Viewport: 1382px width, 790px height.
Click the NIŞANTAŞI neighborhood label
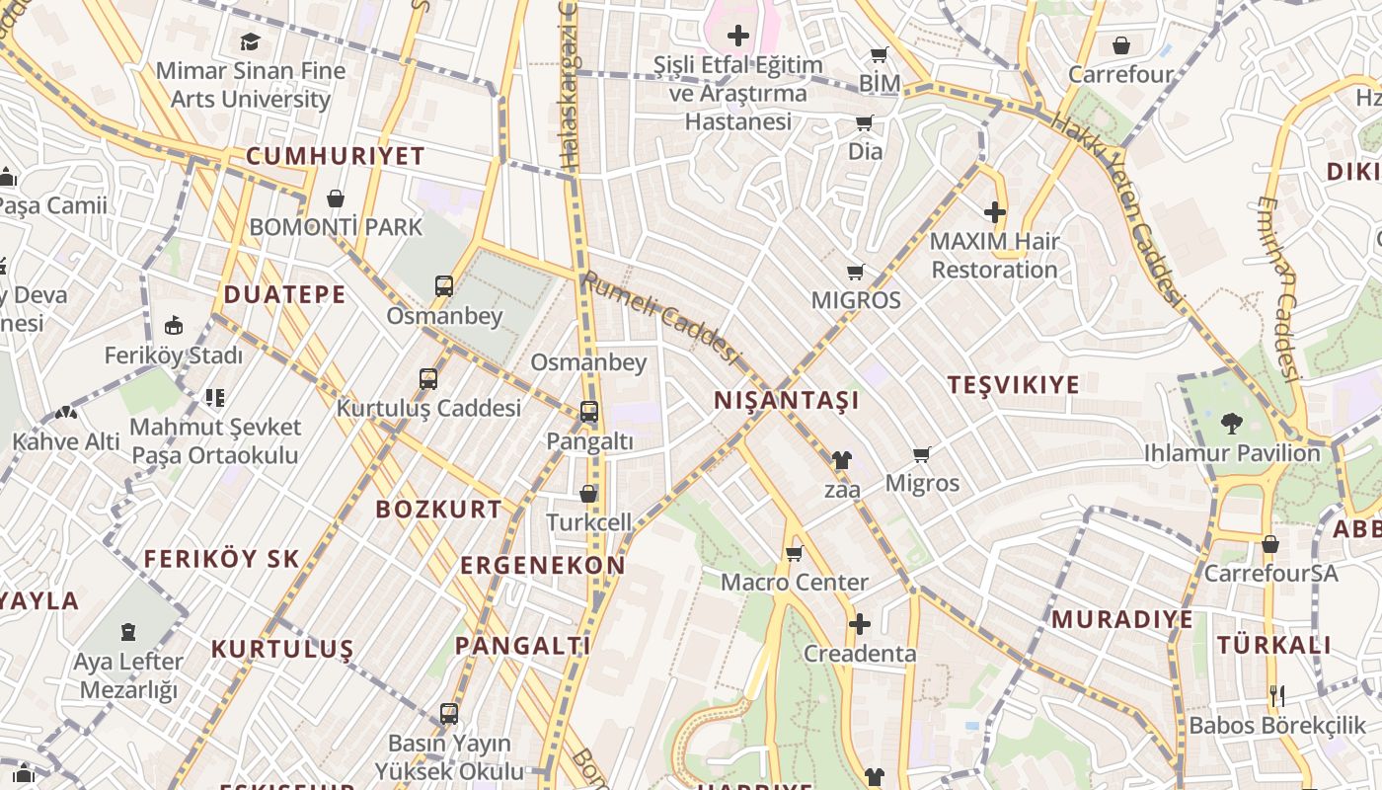tap(786, 401)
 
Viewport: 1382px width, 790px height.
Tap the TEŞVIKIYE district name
tap(1014, 385)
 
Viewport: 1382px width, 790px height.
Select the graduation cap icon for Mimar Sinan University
tap(250, 42)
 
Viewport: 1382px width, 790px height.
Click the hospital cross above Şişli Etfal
tap(737, 37)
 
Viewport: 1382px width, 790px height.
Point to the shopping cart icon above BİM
tap(879, 55)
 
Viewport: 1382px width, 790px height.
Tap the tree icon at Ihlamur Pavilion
tap(1231, 424)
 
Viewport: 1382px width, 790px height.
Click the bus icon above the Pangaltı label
tap(589, 412)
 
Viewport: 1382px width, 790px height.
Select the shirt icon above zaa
tap(841, 459)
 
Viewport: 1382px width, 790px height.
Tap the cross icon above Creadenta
tap(859, 624)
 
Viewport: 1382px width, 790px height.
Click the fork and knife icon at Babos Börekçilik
tap(1277, 695)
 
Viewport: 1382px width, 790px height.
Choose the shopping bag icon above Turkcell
tap(588, 493)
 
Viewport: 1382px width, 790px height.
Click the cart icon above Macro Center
tap(794, 554)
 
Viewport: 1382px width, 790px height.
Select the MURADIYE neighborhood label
tap(1122, 620)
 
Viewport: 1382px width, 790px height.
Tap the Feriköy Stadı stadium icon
tap(174, 325)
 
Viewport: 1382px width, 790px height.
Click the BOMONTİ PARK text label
tap(336, 227)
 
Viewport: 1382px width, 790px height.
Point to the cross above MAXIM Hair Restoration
tap(994, 212)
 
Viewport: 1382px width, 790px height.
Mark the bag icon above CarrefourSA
tap(1270, 544)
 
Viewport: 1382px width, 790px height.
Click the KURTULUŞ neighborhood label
tap(282, 650)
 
